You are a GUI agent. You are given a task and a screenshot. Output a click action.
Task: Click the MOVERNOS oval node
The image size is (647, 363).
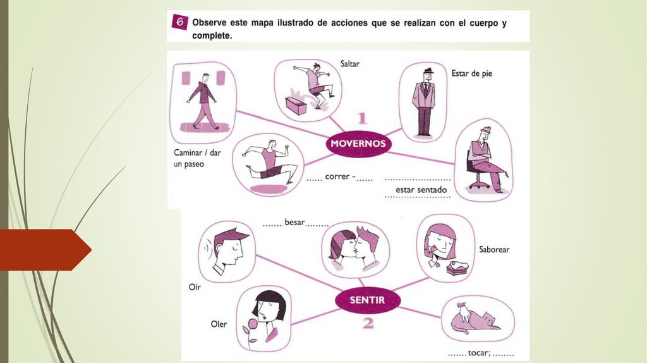358,144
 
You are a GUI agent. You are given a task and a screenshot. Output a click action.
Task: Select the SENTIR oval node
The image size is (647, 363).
367,300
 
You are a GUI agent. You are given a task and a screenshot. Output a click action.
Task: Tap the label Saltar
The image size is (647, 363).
350,64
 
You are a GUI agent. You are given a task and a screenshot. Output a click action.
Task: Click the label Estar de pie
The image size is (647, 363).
471,74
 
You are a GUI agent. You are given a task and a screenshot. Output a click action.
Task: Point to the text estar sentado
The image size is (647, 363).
421,190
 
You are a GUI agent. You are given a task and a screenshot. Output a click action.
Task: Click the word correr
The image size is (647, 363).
337,176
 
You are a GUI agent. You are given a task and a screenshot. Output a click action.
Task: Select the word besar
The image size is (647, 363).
294,222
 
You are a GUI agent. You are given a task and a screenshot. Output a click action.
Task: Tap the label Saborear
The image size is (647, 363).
494,249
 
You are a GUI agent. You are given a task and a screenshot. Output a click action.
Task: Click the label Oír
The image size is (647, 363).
195,286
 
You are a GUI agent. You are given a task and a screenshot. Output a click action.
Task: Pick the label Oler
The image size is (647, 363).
219,324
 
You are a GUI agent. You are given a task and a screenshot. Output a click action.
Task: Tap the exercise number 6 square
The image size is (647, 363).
179,22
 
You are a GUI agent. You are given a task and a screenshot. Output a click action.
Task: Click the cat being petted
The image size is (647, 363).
475,321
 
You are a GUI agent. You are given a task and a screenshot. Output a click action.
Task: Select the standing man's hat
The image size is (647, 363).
428,71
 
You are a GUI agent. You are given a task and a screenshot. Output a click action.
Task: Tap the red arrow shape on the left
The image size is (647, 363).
45,250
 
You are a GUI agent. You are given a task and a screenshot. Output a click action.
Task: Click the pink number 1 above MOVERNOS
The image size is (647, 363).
362,118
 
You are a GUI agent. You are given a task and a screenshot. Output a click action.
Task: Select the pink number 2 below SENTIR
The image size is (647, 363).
368,323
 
